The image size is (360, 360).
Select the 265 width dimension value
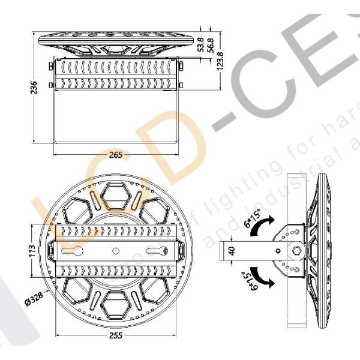116,155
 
